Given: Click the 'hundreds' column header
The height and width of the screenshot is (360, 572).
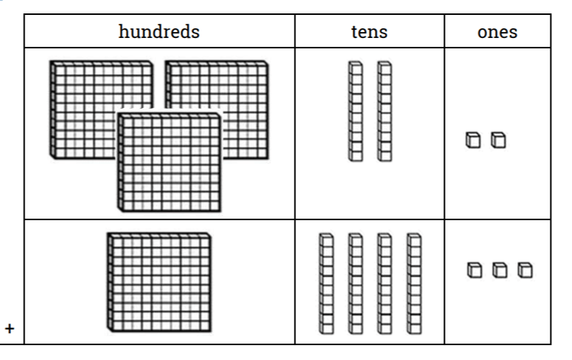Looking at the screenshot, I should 159,31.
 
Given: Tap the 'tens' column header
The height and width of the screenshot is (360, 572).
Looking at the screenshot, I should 369,31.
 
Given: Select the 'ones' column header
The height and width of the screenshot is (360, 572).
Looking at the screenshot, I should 498,31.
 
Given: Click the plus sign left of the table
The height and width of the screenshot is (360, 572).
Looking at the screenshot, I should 10,328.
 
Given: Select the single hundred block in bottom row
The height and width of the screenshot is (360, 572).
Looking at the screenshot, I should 158,281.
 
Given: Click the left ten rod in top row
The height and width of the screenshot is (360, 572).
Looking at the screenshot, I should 356,112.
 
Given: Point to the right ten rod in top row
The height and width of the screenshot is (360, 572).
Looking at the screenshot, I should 384,112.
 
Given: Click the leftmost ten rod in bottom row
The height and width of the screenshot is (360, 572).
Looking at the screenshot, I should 326,283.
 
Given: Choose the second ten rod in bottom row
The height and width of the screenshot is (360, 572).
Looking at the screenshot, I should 355,283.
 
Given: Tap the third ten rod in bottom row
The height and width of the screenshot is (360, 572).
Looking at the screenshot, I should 384,283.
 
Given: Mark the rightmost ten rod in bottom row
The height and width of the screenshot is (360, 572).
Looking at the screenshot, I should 414,283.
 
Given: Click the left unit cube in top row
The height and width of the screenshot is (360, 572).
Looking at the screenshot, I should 472,140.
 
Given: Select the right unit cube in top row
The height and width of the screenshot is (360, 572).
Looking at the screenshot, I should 498,140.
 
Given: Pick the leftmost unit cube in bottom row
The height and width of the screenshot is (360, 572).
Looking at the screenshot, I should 474,269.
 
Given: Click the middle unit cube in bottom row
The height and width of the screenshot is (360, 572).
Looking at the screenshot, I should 499,269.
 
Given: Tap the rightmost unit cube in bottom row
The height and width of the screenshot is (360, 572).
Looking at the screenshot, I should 525,269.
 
